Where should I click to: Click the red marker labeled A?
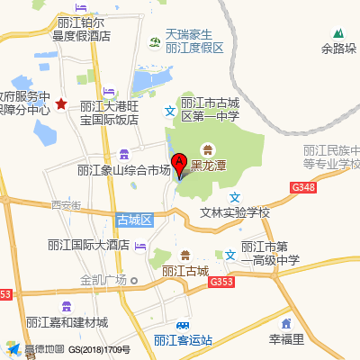pyautogui.click(x=178, y=165)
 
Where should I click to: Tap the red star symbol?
pyautogui.click(x=60, y=104)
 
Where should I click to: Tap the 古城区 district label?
pyautogui.click(x=136, y=220)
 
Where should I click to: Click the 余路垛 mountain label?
pyautogui.click(x=338, y=49)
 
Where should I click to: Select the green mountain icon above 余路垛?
pyautogui.click(x=338, y=33)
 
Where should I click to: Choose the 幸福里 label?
pyautogui.click(x=287, y=340)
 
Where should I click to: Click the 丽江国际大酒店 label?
pyautogui.click(x=89, y=245)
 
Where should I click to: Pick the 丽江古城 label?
pyautogui.click(x=186, y=270)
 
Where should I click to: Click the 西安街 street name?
pyautogui.click(x=66, y=205)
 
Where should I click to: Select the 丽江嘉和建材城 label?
pyautogui.click(x=67, y=322)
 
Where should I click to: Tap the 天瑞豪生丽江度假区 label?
pyautogui.click(x=193, y=41)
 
